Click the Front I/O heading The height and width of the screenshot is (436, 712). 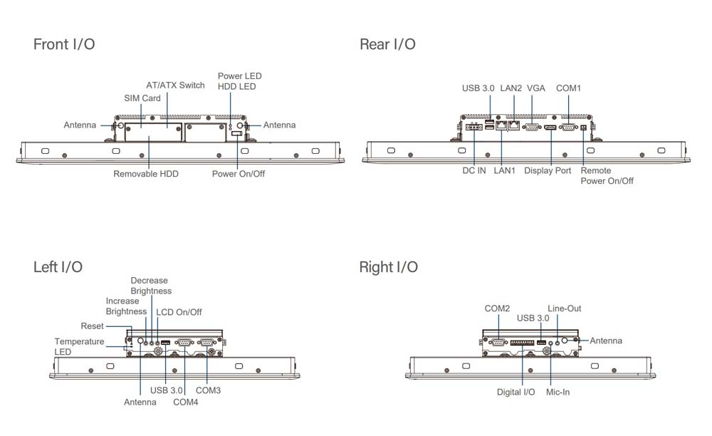(x=64, y=44)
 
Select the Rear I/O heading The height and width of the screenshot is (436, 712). (x=387, y=44)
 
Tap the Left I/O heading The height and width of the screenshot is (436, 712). (x=58, y=267)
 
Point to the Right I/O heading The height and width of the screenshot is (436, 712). (x=388, y=267)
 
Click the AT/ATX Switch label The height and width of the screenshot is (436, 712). (x=175, y=85)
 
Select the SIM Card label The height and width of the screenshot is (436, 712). (x=142, y=98)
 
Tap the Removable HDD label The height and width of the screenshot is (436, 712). (x=146, y=174)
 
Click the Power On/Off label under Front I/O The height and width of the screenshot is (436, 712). (x=239, y=174)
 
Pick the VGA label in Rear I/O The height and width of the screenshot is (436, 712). (x=536, y=88)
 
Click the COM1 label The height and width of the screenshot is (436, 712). (x=568, y=88)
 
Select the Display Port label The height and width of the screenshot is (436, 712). (x=548, y=171)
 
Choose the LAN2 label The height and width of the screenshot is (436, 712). (x=511, y=88)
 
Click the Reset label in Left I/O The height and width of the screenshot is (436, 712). (x=93, y=326)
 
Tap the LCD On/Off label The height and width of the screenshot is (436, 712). (x=179, y=312)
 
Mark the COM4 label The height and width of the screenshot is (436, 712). (x=186, y=402)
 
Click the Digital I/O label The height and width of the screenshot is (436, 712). (x=516, y=392)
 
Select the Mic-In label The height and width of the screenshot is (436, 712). (x=557, y=392)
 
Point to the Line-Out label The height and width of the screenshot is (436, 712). (x=565, y=308)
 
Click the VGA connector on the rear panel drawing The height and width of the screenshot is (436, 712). (x=531, y=128)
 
